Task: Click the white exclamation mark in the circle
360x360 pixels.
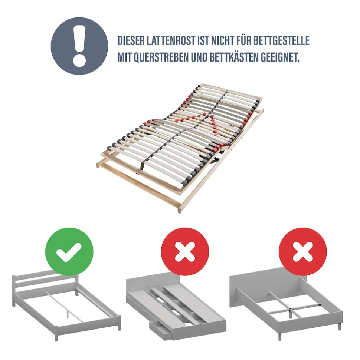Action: point(79,46)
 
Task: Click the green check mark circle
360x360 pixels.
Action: point(69,252)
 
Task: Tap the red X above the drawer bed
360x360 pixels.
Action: point(185,252)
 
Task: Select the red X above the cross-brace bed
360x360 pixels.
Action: point(303,252)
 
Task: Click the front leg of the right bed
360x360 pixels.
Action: point(280,336)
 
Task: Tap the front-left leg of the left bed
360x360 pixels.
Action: point(56,335)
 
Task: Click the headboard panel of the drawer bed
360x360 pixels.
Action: point(153,285)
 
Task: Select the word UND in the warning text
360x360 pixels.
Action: point(199,57)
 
